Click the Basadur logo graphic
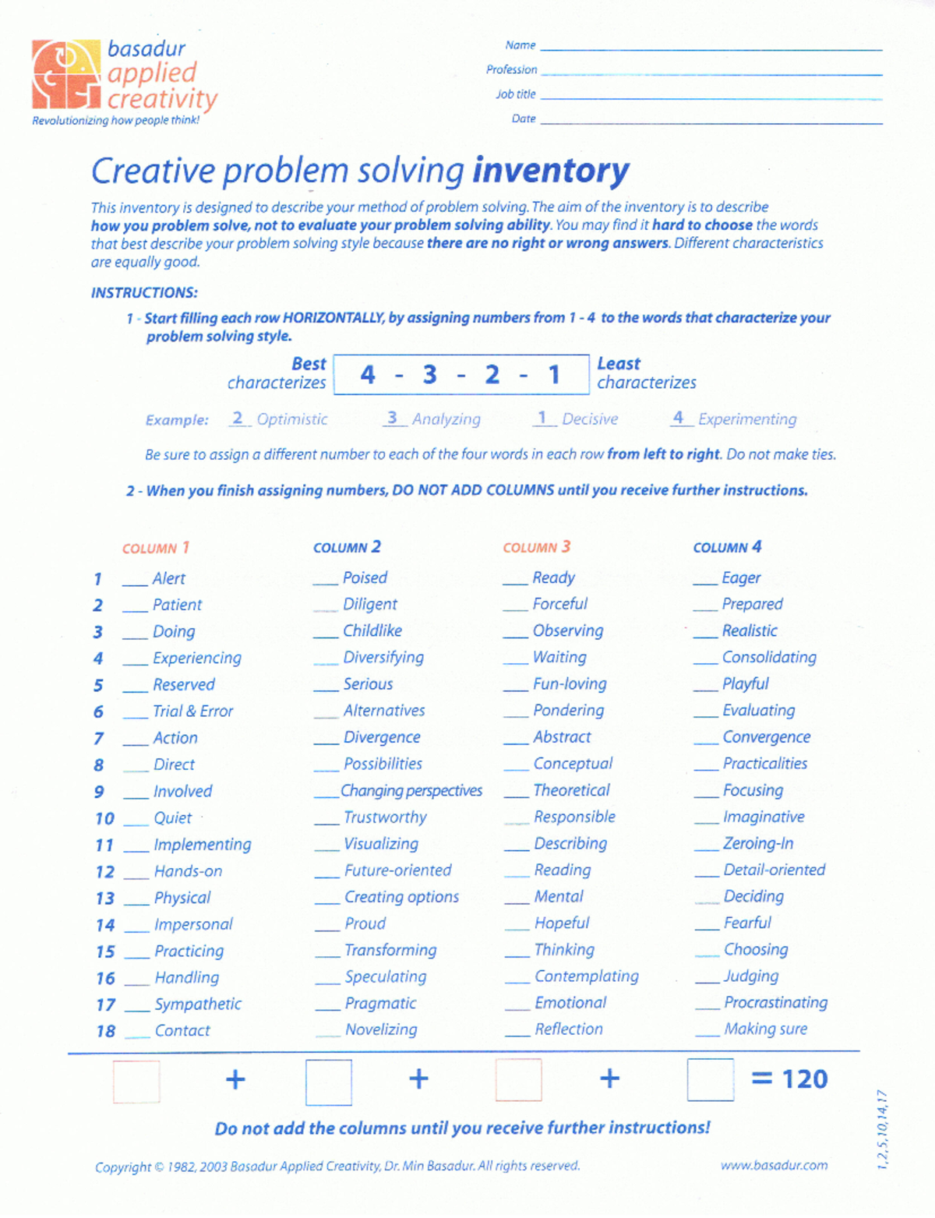(x=66, y=74)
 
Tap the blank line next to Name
(x=711, y=48)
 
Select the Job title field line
(x=711, y=97)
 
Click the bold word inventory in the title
(x=550, y=171)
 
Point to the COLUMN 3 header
(x=536, y=547)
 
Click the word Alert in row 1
(x=168, y=578)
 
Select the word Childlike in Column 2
(x=372, y=630)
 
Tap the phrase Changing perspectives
(x=411, y=790)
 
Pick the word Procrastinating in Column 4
(x=775, y=1002)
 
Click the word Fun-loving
(x=570, y=683)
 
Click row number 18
(x=105, y=1031)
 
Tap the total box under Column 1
(x=136, y=1081)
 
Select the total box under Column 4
(x=710, y=1079)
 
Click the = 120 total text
(x=789, y=1079)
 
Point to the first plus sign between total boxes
(x=235, y=1079)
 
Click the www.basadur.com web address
(x=774, y=1165)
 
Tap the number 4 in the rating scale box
(x=368, y=375)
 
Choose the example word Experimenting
(x=747, y=419)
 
